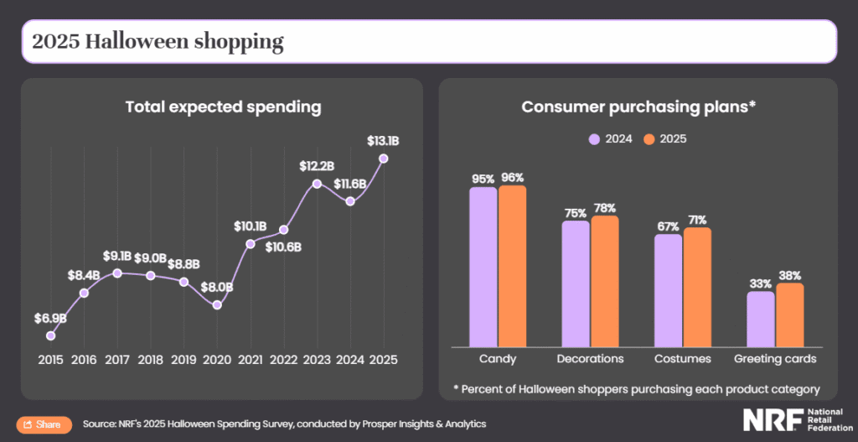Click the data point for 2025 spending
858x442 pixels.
point(384,158)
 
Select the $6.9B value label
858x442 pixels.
point(50,318)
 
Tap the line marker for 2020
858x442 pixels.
point(217,305)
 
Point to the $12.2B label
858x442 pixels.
point(317,166)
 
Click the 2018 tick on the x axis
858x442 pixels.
point(150,358)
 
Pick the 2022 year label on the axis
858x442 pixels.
point(283,358)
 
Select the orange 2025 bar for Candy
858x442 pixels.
point(512,266)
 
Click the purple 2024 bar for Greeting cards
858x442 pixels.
point(760,319)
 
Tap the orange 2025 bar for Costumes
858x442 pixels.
point(697,287)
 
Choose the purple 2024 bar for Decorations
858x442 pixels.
point(575,283)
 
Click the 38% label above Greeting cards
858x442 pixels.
point(789,275)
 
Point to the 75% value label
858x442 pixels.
point(575,212)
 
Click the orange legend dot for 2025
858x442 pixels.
point(649,138)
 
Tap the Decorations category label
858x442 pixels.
point(590,358)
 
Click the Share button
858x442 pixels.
point(43,424)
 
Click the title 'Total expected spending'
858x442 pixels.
point(223,107)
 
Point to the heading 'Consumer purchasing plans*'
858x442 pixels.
point(638,107)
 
